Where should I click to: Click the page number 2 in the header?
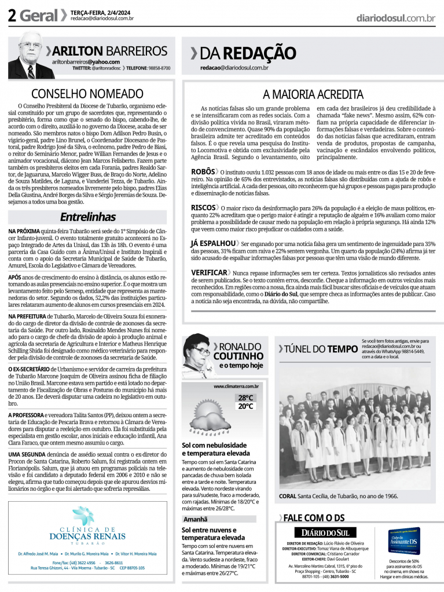point(12,16)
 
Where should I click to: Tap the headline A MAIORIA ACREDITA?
point(313,94)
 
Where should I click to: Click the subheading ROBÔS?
point(203,171)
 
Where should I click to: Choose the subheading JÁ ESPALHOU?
point(213,243)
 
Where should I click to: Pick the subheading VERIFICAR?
point(209,272)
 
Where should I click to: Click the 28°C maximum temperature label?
point(245,398)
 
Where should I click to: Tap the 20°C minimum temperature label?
point(245,406)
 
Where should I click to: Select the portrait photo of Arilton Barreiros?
point(30,56)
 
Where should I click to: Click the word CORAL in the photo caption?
point(288,497)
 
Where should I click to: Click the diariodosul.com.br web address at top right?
point(395,18)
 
